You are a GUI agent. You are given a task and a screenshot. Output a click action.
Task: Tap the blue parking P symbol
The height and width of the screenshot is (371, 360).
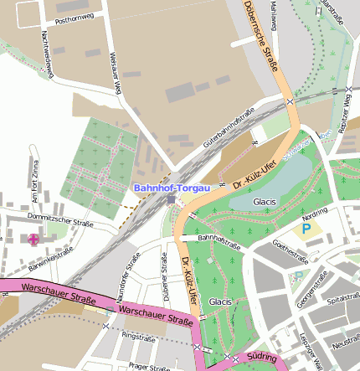coord(306,228)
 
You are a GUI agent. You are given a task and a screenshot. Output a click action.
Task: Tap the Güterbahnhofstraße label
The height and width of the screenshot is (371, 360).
coord(229,129)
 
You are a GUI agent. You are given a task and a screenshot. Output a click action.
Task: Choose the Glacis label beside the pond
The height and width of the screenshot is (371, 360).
coord(265,202)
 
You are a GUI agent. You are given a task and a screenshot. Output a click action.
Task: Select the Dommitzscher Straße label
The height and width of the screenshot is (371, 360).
coord(60,222)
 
